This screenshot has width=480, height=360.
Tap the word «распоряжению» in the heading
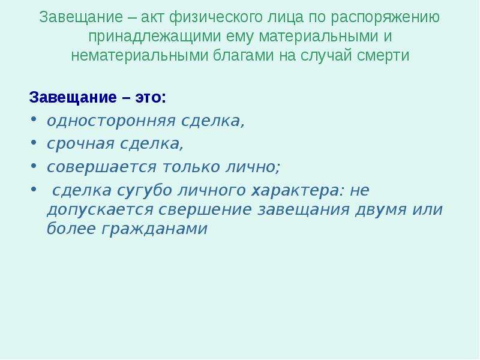[385, 18]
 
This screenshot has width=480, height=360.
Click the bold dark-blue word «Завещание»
[73, 97]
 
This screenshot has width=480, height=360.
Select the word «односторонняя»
[111, 121]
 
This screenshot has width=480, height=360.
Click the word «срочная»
[80, 144]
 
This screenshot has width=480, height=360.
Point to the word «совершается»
[101, 167]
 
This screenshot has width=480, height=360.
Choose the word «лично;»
[253, 167]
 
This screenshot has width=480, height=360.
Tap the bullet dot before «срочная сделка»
[34, 142]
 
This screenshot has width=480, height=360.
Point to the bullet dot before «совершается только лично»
[34, 166]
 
